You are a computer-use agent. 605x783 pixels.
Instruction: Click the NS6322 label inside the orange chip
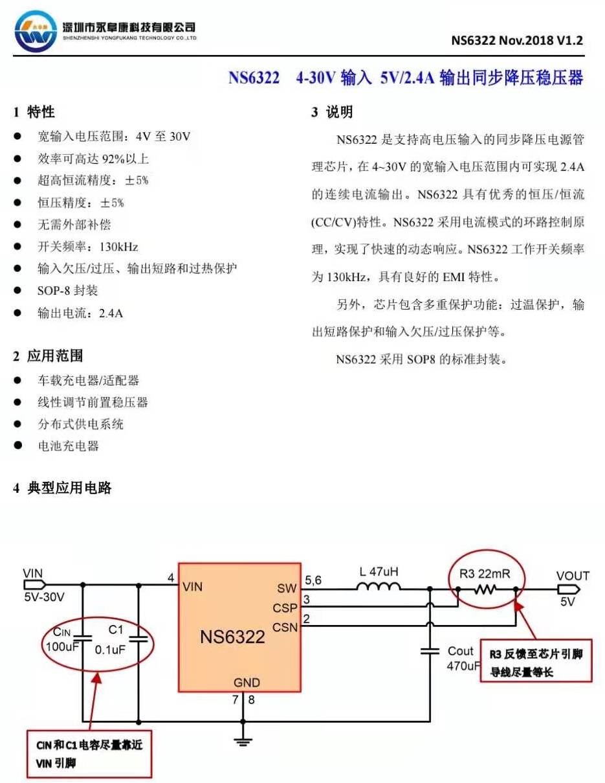click(232, 637)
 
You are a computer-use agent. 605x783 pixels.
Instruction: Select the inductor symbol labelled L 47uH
click(378, 587)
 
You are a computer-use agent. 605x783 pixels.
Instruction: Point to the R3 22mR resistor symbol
click(486, 589)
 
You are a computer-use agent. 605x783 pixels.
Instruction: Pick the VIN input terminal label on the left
click(32, 573)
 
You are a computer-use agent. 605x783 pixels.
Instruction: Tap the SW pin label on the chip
click(286, 588)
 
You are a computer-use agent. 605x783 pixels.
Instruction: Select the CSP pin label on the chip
click(284, 607)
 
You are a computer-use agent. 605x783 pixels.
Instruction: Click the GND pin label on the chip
click(247, 682)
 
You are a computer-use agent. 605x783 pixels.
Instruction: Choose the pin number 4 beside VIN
click(170, 577)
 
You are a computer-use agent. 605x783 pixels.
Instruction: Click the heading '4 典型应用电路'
click(62, 488)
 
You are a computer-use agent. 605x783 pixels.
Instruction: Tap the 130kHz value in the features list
click(118, 247)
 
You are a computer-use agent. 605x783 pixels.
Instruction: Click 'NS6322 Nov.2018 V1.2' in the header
click(516, 40)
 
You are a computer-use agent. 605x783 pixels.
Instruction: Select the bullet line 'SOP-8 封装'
click(67, 291)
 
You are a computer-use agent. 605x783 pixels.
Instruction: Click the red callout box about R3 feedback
click(536, 663)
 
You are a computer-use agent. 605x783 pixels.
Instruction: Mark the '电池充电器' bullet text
click(68, 446)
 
